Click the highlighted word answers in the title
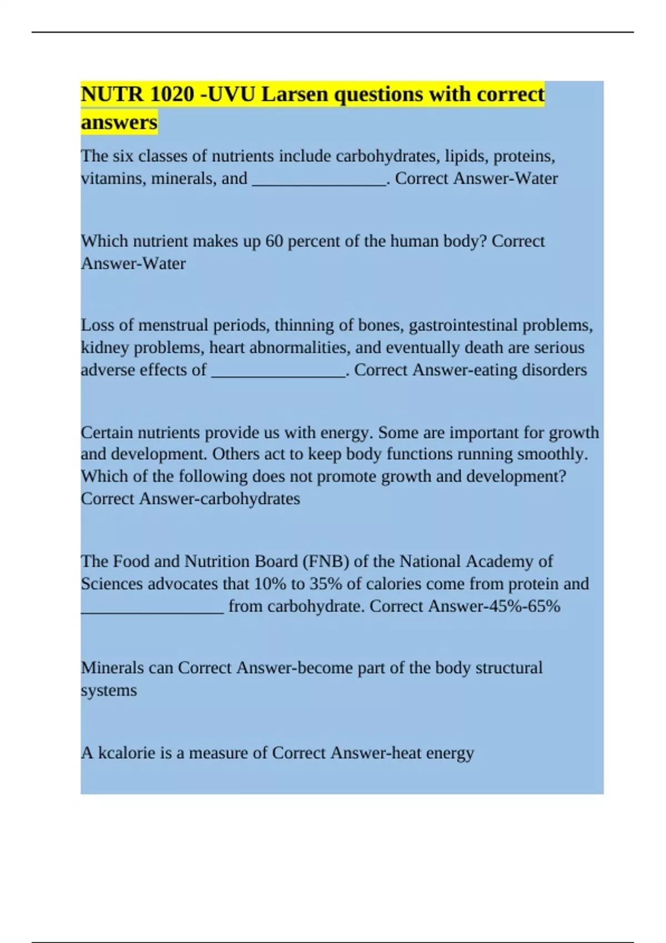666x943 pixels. click(x=119, y=122)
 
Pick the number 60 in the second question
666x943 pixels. click(x=274, y=241)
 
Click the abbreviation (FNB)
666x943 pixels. click(x=326, y=561)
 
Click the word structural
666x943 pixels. click(x=509, y=668)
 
